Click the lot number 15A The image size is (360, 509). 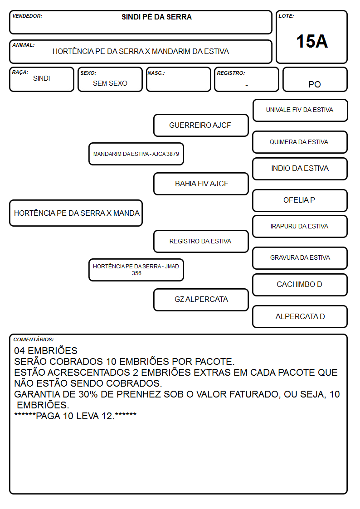pyautogui.click(x=311, y=41)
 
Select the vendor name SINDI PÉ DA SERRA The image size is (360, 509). pyautogui.click(x=156, y=17)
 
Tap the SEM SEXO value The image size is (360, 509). pyautogui.click(x=110, y=83)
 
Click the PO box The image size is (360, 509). pyautogui.click(x=315, y=79)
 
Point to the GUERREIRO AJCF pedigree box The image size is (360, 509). pyautogui.click(x=201, y=125)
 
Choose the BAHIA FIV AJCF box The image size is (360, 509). pyautogui.click(x=201, y=184)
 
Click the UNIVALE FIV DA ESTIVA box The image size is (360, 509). pyautogui.click(x=300, y=111)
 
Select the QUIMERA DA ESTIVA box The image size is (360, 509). pyautogui.click(x=300, y=142)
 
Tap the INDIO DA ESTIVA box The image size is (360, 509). pyautogui.click(x=300, y=169)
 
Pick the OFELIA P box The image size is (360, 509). pyautogui.click(x=300, y=200)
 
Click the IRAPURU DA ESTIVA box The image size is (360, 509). pyautogui.click(x=300, y=226)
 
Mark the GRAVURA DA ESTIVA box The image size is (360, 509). pyautogui.click(x=300, y=258)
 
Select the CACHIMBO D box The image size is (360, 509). pyautogui.click(x=300, y=285)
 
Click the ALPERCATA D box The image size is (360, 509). pyautogui.click(x=300, y=316)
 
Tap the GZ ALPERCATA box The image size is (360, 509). pyautogui.click(x=201, y=300)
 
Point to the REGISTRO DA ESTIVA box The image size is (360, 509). pyautogui.click(x=201, y=241)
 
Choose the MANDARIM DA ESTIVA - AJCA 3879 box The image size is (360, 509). pyautogui.click(x=136, y=154)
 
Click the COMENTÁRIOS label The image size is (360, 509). pyautogui.click(x=34, y=339)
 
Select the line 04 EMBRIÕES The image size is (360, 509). pyautogui.click(x=46, y=350)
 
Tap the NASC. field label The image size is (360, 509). pyautogui.click(x=156, y=73)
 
